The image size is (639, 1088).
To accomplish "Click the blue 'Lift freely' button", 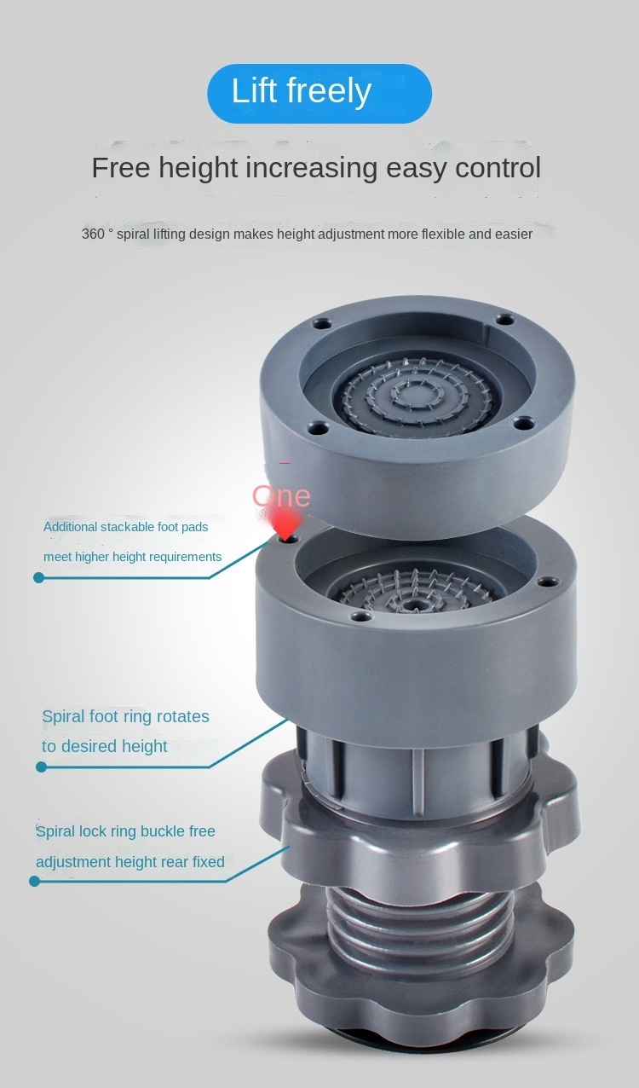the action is (319, 93).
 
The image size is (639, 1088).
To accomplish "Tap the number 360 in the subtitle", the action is (93, 234).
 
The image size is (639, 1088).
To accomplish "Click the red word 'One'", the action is (281, 495).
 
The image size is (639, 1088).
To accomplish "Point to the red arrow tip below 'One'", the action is (287, 539).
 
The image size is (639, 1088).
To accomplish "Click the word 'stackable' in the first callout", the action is (124, 527).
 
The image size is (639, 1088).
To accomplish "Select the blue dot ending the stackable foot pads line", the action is (39, 577).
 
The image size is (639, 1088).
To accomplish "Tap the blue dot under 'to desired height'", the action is (41, 767).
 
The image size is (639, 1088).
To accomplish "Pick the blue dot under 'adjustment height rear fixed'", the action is (34, 881).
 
